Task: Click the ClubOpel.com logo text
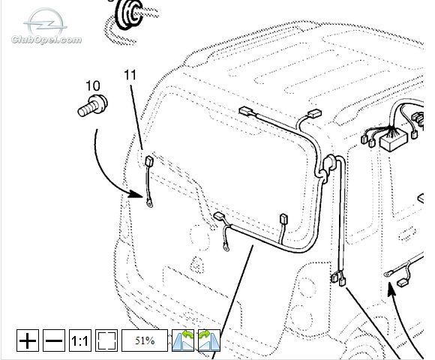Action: [46, 40]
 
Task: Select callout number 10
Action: [93, 86]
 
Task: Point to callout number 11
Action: [130, 75]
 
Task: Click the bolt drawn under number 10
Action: [93, 106]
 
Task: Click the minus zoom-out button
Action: [54, 340]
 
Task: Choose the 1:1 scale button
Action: [80, 340]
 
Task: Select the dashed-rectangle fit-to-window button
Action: [106, 340]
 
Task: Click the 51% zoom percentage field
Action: [145, 340]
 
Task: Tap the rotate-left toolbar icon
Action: [183, 340]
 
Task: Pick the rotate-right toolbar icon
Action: [209, 340]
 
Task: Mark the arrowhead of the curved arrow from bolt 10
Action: [136, 193]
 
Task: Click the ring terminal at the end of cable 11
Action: [149, 204]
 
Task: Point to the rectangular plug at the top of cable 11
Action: [149, 160]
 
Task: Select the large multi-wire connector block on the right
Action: [394, 139]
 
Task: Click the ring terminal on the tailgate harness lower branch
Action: [226, 247]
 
